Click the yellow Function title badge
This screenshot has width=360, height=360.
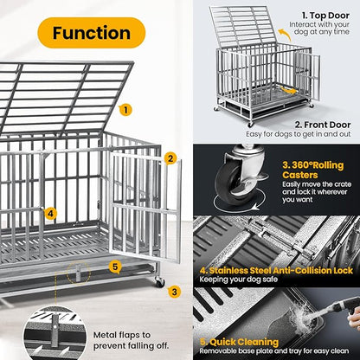click(92, 34)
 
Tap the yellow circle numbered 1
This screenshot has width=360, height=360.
click(126, 110)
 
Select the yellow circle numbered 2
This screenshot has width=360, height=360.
click(171, 158)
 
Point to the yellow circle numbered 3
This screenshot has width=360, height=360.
click(174, 292)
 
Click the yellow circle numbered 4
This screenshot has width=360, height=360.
click(51, 213)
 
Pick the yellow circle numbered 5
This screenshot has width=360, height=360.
click(115, 267)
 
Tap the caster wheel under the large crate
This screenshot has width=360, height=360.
click(159, 282)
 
